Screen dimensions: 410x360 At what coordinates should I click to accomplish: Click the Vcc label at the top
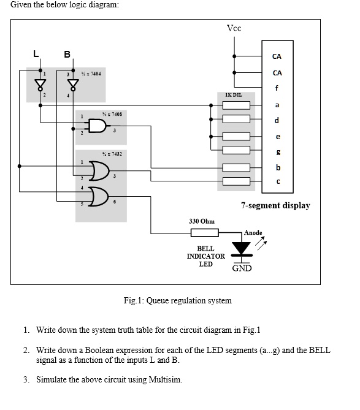coord(234,28)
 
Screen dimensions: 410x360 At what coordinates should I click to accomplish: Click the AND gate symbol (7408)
coord(98,127)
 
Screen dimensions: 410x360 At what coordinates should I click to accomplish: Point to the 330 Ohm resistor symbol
coord(205,232)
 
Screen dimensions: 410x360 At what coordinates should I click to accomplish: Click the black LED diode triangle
coord(242,248)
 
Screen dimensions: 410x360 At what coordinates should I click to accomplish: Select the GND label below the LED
coord(242,268)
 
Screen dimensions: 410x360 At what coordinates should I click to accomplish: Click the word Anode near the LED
coord(253,233)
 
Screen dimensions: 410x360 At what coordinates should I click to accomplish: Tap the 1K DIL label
coord(234,95)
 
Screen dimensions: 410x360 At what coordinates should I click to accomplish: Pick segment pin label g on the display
coord(278,151)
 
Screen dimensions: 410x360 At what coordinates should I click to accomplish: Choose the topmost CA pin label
coord(277,56)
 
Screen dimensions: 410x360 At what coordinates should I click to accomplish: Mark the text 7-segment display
coord(275,205)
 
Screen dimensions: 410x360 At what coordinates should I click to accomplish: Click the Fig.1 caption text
coord(177,300)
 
